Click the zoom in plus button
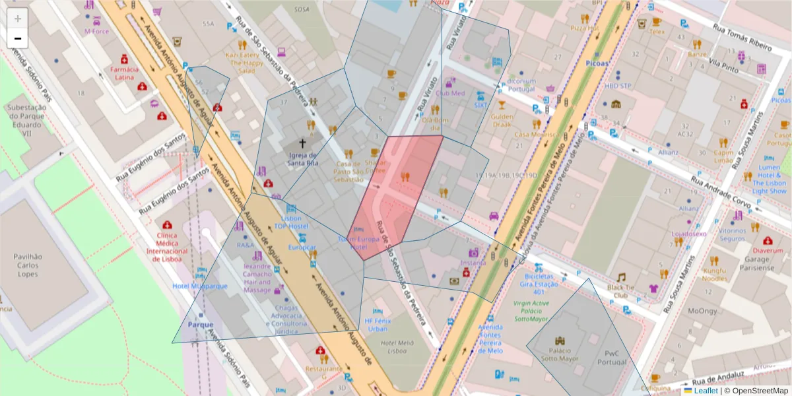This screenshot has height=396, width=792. click(x=18, y=18)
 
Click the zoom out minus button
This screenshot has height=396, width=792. click(x=18, y=38)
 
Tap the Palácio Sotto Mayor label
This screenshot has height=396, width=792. click(x=560, y=354)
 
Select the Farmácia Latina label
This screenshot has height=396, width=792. click(x=125, y=73)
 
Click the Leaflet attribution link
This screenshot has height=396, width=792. click(x=706, y=390)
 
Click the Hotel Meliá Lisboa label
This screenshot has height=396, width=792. click(x=396, y=346)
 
